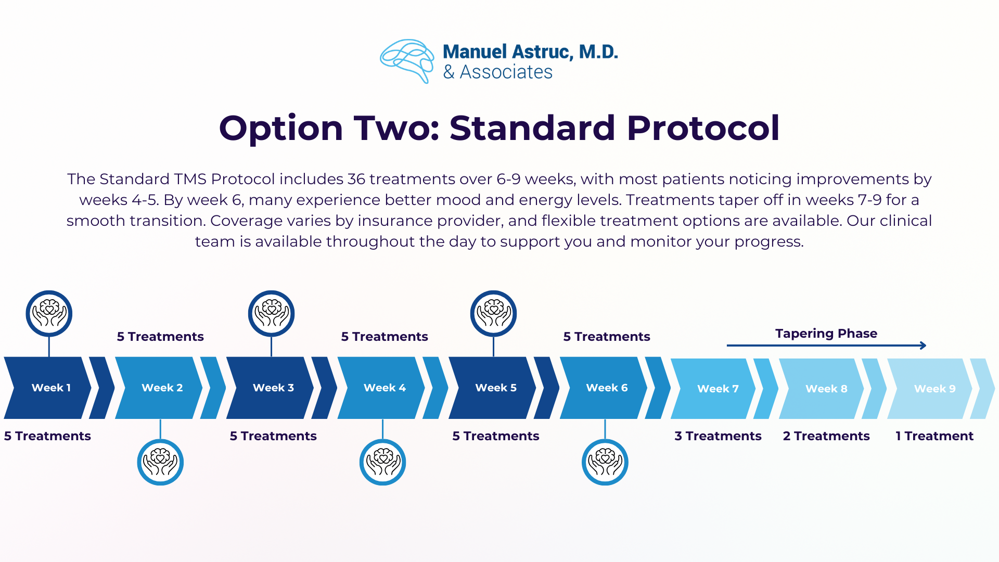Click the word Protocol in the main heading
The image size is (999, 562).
[703, 128]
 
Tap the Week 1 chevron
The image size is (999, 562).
[48, 388]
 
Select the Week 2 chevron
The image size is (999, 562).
[159, 388]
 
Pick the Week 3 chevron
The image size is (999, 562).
[270, 388]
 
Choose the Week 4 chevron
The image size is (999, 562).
[381, 388]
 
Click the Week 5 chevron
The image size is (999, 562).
[492, 388]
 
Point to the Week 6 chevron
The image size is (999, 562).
[604, 388]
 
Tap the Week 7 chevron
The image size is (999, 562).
[713, 389]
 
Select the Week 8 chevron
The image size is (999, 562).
[822, 389]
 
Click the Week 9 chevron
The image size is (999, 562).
[930, 389]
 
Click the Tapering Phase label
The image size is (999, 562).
[826, 334]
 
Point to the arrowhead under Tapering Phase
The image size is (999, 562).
[924, 345]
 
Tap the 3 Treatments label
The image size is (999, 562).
[718, 436]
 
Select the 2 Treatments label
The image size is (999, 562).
[826, 436]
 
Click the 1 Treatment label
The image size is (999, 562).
[934, 436]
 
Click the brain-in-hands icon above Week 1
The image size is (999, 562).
[49, 313]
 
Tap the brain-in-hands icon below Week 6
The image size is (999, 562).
[605, 462]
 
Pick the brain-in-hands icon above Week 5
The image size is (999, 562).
[493, 313]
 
